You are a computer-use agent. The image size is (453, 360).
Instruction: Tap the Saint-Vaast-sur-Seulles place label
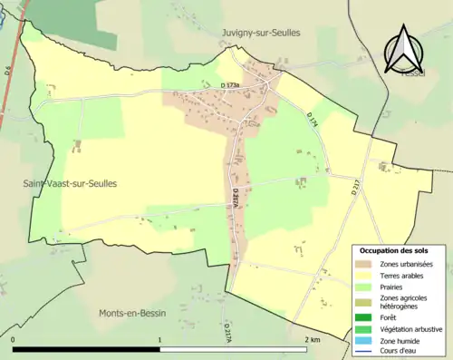pos(70,183)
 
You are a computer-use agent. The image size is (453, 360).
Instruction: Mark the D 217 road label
pos(356,188)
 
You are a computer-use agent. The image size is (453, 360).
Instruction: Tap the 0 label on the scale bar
pos(14,340)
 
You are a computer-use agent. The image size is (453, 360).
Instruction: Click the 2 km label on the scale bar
pos(313,340)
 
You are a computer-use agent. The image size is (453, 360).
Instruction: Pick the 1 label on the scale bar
pos(160,340)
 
